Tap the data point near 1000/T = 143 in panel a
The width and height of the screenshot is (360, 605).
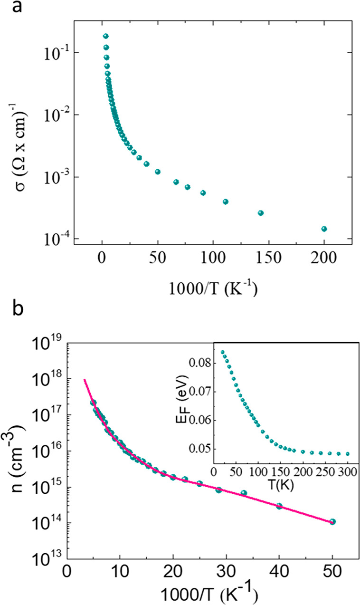261,213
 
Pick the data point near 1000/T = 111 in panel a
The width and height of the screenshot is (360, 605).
226,202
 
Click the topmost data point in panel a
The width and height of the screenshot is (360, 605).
106,36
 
